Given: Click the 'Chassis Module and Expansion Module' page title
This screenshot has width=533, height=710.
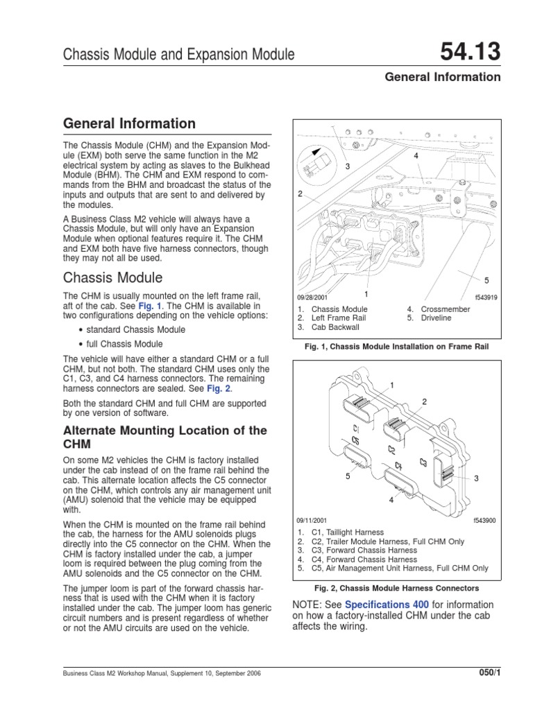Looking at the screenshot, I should (179, 54).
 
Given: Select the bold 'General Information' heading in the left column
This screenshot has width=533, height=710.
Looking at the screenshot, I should (129, 124).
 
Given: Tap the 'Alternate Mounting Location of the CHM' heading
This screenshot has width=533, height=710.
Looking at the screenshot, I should (164, 437).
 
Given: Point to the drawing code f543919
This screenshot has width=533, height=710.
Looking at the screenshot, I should (486, 297).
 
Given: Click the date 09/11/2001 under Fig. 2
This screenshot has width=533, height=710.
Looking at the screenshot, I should (312, 520).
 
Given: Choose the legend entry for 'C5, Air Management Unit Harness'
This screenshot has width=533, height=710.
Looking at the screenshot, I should (391, 568).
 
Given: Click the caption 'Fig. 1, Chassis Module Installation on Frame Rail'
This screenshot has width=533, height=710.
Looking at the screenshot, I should (398, 345).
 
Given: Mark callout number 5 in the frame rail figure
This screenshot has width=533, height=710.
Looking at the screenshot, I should (487, 280).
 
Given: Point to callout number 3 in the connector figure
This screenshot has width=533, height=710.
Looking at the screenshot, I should (477, 478).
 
